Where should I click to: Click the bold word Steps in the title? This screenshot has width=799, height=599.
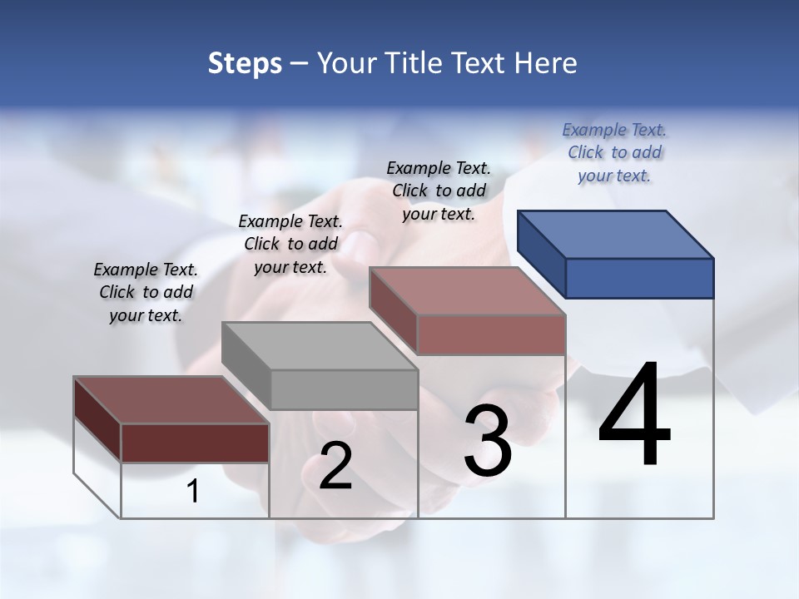245,63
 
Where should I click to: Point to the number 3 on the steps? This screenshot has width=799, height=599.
487,441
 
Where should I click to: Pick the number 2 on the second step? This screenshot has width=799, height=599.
335,466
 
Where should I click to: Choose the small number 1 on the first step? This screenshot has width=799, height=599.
193,491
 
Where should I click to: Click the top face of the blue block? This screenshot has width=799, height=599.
616,234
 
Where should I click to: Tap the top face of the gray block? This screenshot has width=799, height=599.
320,345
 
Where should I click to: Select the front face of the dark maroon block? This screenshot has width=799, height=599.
195,443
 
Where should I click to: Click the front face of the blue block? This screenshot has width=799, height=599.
639,278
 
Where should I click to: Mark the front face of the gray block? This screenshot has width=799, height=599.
344,389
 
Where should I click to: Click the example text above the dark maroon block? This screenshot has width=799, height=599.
146,292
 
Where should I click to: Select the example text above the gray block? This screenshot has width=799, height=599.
290,244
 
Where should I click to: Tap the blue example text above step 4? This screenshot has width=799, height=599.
614,152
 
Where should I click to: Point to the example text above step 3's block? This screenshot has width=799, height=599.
439,191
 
